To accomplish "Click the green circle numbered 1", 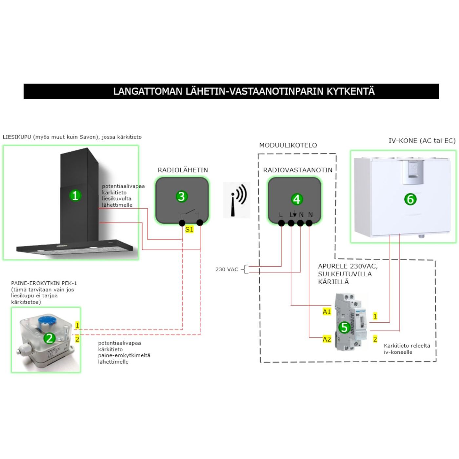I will point(75,196).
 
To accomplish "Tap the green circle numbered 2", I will point(50,338).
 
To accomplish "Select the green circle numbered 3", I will point(181,196).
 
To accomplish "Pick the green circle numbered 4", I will point(296,199).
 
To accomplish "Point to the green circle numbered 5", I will point(344,327).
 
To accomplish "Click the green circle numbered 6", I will point(410,199).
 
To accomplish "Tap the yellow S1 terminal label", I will point(189,229).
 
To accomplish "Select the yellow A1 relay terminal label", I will point(327,311).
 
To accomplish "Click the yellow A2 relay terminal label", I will point(327,339).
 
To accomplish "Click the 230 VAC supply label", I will point(227,269).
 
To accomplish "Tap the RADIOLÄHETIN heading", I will point(183,170).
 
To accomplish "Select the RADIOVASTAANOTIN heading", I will point(297,170).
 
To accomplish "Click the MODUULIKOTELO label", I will point(288,145).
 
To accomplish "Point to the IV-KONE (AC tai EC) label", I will point(422,141).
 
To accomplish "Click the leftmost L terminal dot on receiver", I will point(281,223).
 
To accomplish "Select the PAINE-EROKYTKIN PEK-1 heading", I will point(44,283).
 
